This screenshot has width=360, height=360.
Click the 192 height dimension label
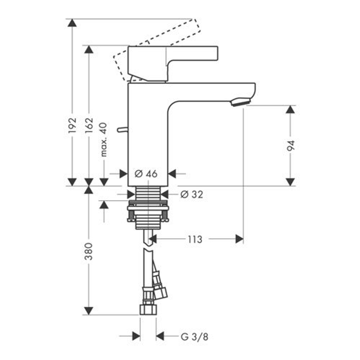pos(72,125)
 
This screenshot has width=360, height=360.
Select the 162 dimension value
pos(89,125)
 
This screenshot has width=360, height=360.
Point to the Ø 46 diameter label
pos(146,174)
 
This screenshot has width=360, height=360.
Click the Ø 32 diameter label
pos(192,194)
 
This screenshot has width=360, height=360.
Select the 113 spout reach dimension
pos(195,239)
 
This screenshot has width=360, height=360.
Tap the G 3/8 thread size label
pos(194,337)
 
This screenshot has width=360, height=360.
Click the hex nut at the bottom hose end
pos(148,309)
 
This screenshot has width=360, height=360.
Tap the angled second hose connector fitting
pos(160,291)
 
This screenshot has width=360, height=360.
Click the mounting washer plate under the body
pos(148,208)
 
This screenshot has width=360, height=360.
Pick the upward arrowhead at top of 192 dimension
pos(72,22)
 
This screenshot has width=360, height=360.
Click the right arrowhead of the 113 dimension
pos(239,239)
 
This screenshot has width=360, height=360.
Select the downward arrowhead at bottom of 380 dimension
pos(89,311)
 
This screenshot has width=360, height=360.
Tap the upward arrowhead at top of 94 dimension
pos(291,109)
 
